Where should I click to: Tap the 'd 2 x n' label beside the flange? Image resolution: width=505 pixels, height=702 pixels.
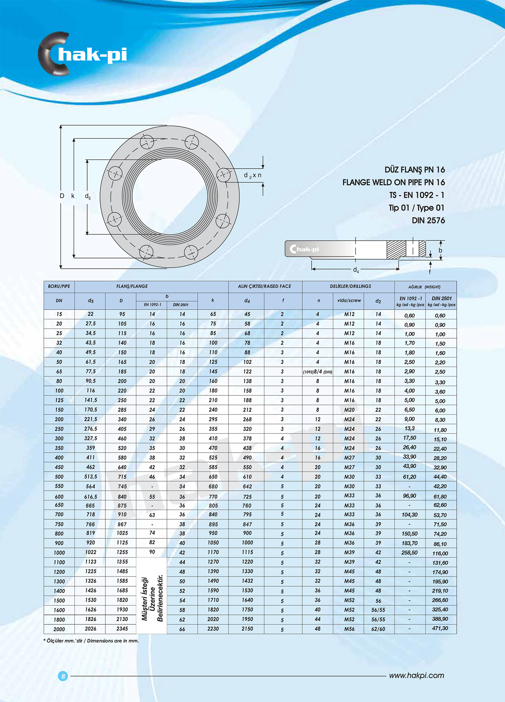(x=252, y=175)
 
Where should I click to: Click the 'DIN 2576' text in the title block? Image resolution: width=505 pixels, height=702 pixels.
(x=428, y=220)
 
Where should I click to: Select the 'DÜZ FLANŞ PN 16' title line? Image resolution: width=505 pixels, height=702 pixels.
(x=414, y=170)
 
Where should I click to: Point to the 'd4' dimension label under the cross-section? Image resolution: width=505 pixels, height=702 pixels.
(x=356, y=270)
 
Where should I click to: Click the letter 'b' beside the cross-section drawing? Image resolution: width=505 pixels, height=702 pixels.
(x=440, y=250)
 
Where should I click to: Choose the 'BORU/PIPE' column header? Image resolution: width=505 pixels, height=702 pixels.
(x=59, y=286)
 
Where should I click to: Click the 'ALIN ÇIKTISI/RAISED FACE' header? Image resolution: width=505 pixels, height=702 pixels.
(x=265, y=286)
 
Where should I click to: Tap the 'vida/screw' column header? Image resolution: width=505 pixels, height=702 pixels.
(x=349, y=301)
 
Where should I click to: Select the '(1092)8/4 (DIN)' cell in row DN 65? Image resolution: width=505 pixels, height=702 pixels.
(x=317, y=372)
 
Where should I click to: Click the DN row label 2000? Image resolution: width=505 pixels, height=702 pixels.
(x=59, y=629)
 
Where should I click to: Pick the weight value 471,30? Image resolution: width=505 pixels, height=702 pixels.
(x=440, y=628)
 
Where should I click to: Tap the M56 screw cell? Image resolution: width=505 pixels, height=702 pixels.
(x=349, y=629)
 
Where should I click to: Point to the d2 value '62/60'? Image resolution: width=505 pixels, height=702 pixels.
(x=378, y=629)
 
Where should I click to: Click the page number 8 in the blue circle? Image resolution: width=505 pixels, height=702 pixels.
(x=63, y=676)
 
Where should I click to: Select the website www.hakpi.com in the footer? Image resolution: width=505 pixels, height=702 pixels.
(x=416, y=675)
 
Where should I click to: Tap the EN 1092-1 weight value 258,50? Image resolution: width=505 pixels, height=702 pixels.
(x=409, y=553)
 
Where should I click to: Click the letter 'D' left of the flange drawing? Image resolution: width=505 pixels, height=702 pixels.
(x=62, y=196)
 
